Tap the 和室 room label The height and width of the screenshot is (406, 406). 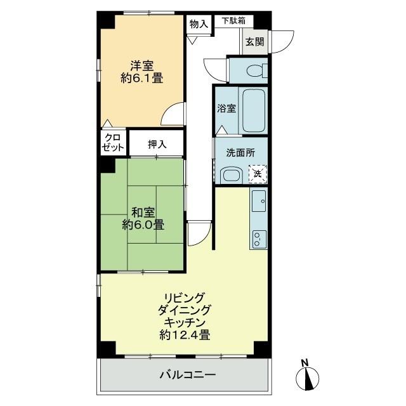click(x=142, y=211)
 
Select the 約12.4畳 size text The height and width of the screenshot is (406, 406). click(x=186, y=335)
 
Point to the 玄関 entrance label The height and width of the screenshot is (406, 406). click(x=256, y=42)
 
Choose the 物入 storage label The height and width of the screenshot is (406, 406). click(x=199, y=23)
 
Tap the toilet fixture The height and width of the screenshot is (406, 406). click(x=256, y=70)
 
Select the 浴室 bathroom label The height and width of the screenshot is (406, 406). click(x=227, y=108)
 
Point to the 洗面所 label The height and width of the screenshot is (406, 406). click(x=240, y=153)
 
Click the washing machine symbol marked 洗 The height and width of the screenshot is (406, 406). click(x=258, y=173)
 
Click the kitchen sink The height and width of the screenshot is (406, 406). click(x=259, y=201)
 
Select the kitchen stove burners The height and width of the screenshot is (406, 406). click(x=259, y=238)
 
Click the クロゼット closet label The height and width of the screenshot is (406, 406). click(x=112, y=143)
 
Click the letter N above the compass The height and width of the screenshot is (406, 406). click(x=305, y=363)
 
